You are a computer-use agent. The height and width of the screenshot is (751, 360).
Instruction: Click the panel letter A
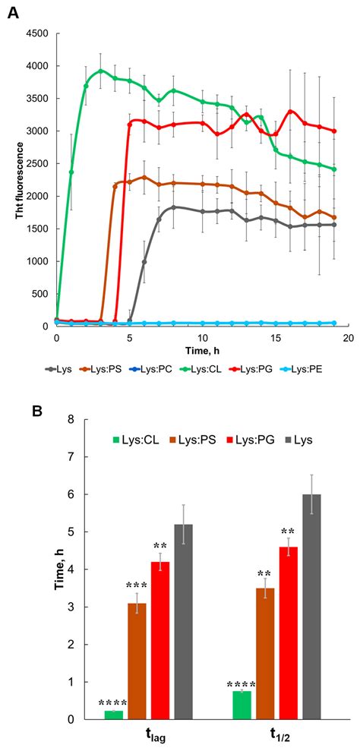pos(14,11)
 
